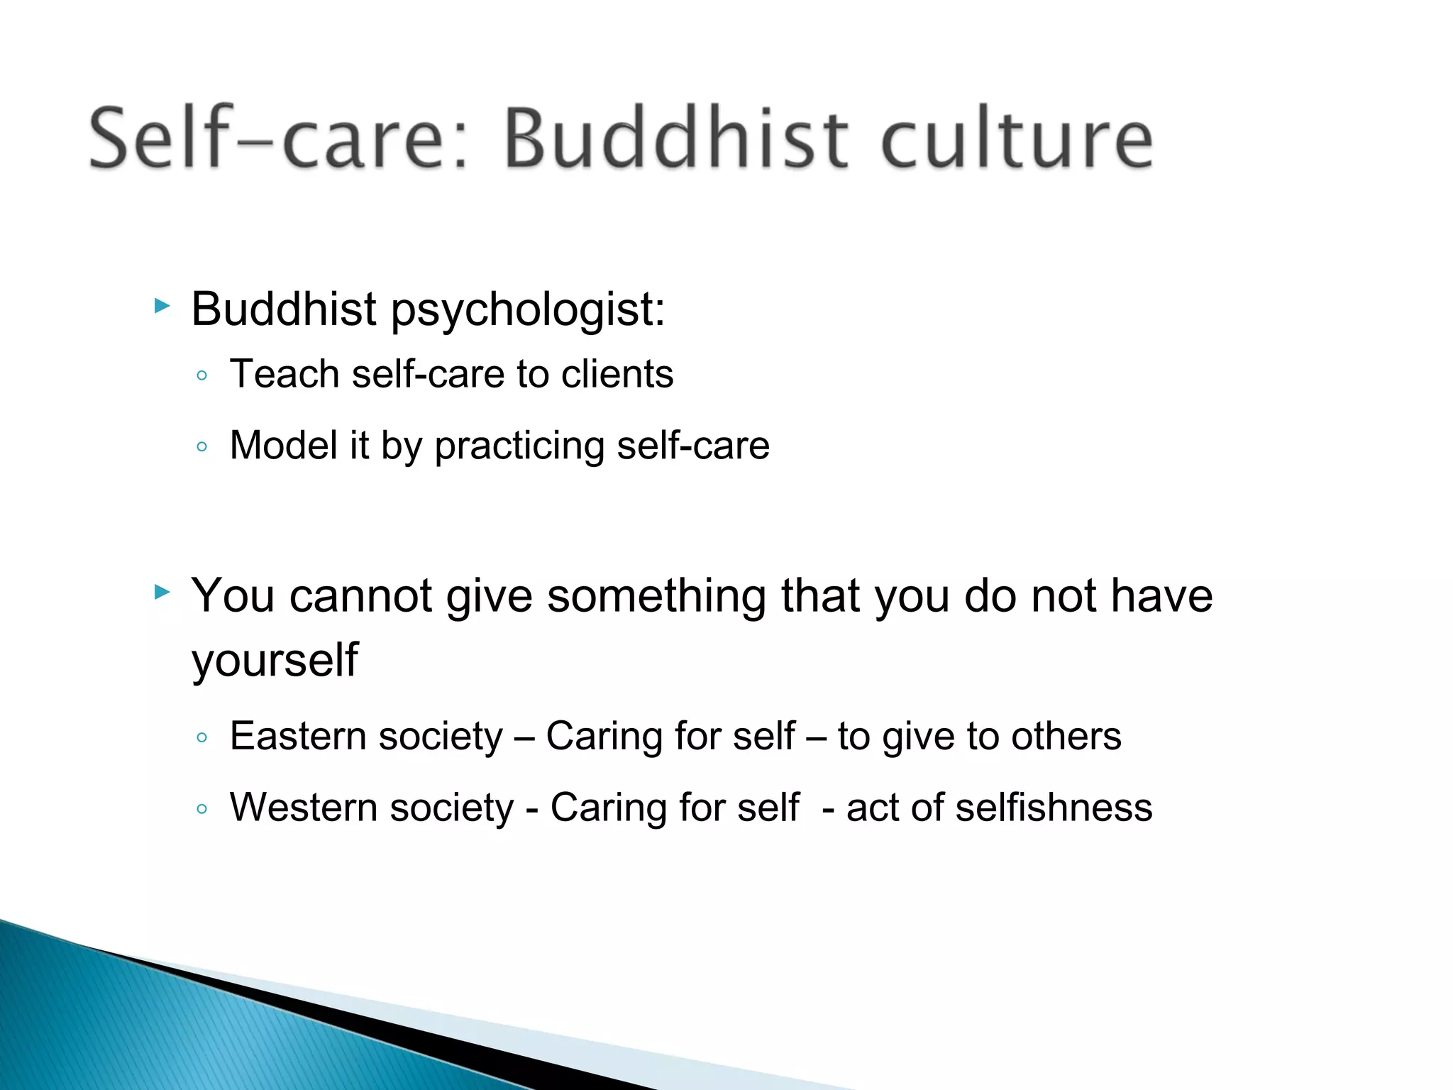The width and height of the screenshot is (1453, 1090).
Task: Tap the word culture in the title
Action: [x=1016, y=138]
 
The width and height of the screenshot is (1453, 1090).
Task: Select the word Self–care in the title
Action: [x=277, y=138]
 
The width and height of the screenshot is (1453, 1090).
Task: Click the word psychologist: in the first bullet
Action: [x=529, y=310]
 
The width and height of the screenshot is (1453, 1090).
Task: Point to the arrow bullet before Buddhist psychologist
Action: [x=162, y=307]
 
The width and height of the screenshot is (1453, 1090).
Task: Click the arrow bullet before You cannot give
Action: [x=162, y=592]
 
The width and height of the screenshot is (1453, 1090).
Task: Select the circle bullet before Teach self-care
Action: [x=202, y=375]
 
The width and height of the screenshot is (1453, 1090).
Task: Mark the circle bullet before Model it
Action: [x=202, y=447]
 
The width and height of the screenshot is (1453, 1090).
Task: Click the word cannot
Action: [x=360, y=595]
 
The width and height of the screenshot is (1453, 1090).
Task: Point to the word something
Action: [x=656, y=597]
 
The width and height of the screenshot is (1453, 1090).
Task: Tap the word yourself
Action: [x=275, y=661]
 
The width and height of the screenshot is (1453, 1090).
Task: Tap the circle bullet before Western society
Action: [x=202, y=809]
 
